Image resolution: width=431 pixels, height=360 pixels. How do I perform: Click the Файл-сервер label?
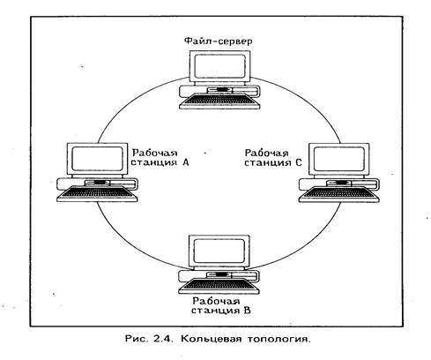click(218, 41)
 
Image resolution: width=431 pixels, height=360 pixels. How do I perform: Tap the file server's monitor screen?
click(220, 66)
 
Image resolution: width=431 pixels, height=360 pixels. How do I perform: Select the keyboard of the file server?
click(219, 101)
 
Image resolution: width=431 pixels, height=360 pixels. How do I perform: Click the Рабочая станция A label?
click(160, 157)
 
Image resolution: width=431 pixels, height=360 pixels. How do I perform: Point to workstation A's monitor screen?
click(97, 159)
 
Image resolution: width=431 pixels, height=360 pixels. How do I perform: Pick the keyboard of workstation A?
click(97, 194)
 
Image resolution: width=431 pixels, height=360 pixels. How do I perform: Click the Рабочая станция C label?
click(273, 158)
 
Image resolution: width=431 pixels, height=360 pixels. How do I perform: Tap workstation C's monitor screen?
click(339, 159)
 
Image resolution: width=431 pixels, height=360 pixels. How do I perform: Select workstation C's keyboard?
click(339, 194)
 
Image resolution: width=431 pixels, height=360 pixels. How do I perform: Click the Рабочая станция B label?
click(221, 305)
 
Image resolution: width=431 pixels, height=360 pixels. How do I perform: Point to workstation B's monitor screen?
click(219, 251)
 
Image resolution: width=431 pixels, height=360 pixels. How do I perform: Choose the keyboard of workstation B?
click(219, 286)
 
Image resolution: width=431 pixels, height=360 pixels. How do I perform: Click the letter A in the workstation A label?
click(185, 162)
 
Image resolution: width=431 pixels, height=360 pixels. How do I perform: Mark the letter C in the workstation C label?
click(299, 162)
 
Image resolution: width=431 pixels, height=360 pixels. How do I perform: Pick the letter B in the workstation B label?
click(248, 311)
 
